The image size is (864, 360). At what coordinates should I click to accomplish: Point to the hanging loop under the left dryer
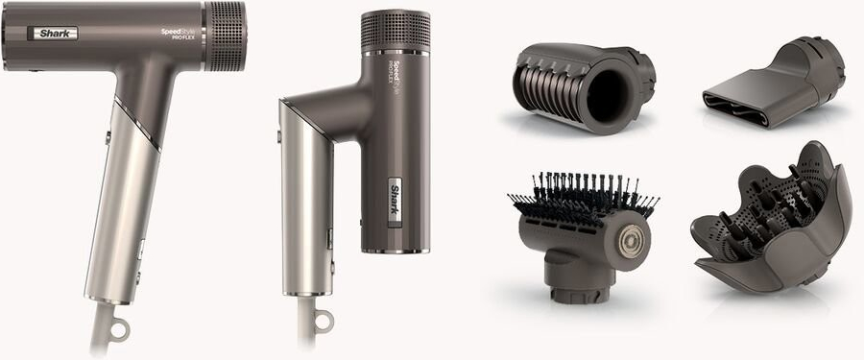[119, 330]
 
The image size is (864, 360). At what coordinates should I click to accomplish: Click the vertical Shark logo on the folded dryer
[396, 201]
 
